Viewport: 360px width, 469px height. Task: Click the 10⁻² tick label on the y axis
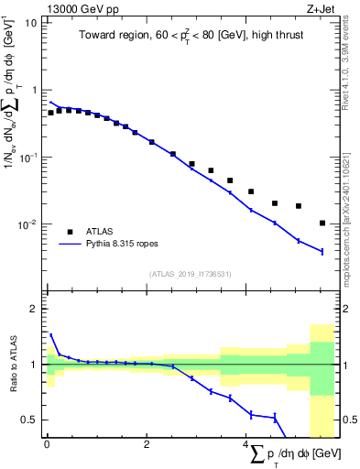pyautogui.click(x=27, y=224)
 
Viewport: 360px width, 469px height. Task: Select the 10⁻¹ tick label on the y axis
pyautogui.click(x=27, y=157)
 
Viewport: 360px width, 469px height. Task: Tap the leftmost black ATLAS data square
pyautogui.click(x=51, y=113)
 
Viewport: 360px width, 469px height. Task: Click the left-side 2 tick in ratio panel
pyautogui.click(x=34, y=310)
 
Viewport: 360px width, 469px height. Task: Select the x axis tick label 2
pyautogui.click(x=147, y=445)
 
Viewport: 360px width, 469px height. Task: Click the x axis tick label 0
pyautogui.click(x=47, y=445)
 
